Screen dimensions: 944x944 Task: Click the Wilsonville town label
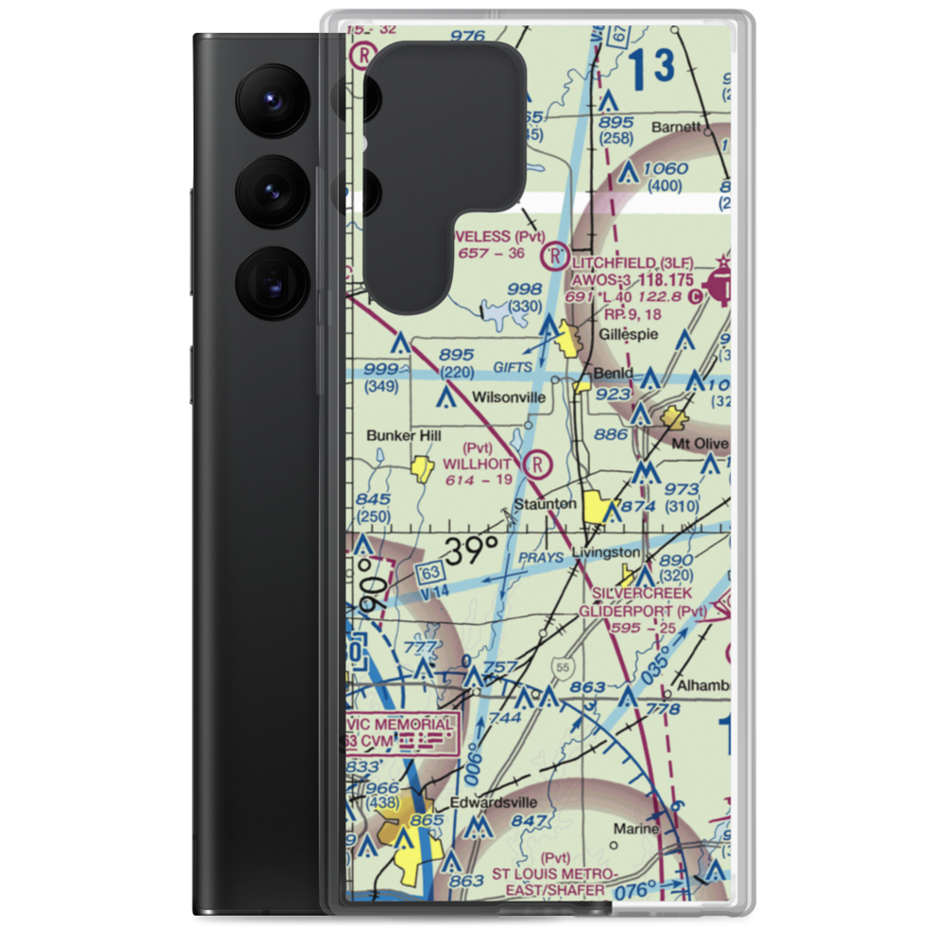[510, 397]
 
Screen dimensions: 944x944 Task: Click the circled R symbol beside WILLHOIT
[537, 464]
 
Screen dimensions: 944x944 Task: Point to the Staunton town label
[545, 505]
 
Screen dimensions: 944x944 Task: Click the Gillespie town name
[629, 334]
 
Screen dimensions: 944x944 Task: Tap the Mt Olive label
[699, 443]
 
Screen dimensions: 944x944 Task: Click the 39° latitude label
[471, 551]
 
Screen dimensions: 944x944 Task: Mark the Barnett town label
[677, 126]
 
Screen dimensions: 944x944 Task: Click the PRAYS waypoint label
[539, 557]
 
